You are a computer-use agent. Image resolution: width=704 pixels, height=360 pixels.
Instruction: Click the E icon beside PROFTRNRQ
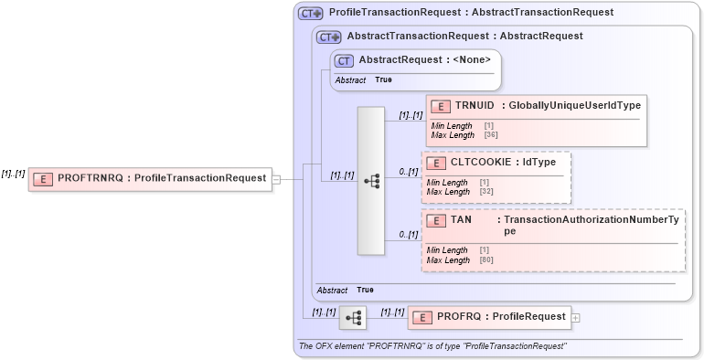(42, 178)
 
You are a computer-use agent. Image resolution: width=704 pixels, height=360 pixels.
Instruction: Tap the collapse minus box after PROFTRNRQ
(276, 178)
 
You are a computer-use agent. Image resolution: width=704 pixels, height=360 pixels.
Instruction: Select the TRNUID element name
(474, 105)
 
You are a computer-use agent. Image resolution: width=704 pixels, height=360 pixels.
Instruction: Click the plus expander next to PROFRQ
(576, 318)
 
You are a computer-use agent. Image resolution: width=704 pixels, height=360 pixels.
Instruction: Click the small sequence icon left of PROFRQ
(352, 318)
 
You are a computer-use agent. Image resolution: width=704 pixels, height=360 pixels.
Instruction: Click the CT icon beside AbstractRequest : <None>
(344, 60)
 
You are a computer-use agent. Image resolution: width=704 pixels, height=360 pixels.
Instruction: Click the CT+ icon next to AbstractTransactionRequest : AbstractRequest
(328, 37)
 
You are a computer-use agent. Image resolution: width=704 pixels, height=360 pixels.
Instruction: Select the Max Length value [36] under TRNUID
(490, 135)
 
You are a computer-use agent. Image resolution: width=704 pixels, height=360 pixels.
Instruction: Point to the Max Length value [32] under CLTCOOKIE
(485, 192)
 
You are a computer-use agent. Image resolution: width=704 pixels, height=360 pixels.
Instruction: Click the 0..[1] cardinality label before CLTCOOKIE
(408, 172)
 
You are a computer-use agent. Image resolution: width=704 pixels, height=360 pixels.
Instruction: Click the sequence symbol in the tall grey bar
(371, 181)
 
